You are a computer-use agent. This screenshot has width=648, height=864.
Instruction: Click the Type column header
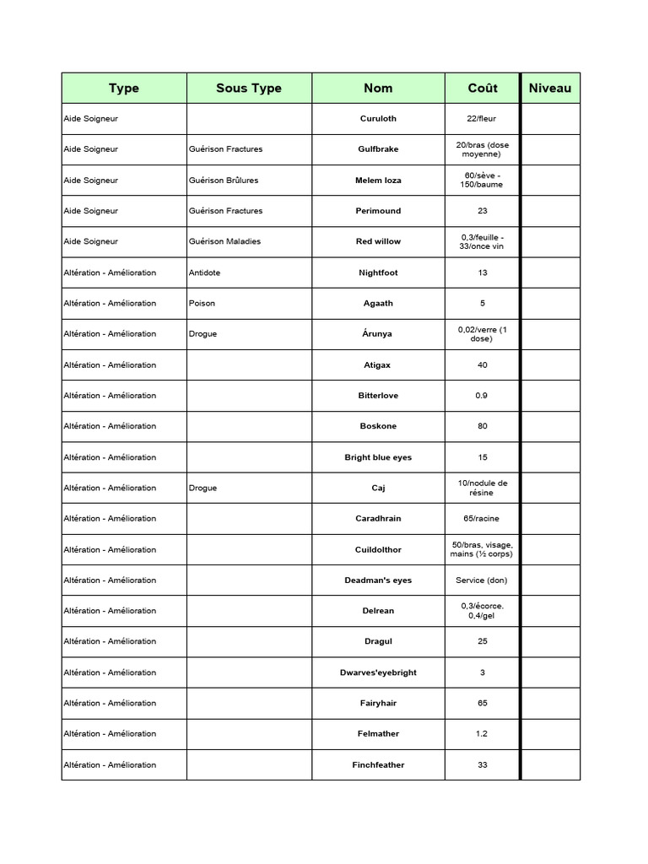coord(124,89)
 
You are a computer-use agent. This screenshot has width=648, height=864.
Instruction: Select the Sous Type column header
coord(249,89)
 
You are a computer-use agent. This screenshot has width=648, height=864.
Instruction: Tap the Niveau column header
coord(550,89)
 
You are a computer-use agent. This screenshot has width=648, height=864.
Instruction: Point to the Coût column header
coord(483,89)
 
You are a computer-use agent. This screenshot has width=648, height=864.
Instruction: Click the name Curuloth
coord(378,119)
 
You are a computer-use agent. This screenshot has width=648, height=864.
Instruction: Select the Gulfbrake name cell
coord(378,149)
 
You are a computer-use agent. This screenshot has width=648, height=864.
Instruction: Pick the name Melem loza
coord(378,181)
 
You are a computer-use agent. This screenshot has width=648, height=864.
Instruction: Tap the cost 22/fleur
coord(483,119)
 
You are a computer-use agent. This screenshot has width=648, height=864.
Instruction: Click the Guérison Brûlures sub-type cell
coord(224,181)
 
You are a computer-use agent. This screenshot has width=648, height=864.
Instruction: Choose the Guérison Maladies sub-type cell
coord(225,241)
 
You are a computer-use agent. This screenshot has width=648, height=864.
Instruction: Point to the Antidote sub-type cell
coord(206,273)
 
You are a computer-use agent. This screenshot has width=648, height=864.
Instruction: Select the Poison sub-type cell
coord(202,303)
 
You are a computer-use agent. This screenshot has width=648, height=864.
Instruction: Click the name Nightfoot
coord(378,273)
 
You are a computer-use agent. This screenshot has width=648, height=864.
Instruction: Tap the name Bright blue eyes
coord(378,457)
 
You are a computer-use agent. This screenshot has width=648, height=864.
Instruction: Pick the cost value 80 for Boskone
coord(483,426)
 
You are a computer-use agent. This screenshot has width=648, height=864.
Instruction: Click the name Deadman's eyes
coord(378,580)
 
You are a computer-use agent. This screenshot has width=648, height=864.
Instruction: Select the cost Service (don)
coord(483,580)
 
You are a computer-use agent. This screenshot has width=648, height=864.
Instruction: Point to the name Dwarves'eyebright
coord(378,672)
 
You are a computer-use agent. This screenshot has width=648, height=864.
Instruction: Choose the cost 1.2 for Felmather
coord(482,734)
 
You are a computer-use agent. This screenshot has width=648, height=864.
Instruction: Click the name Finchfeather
coord(378,765)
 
